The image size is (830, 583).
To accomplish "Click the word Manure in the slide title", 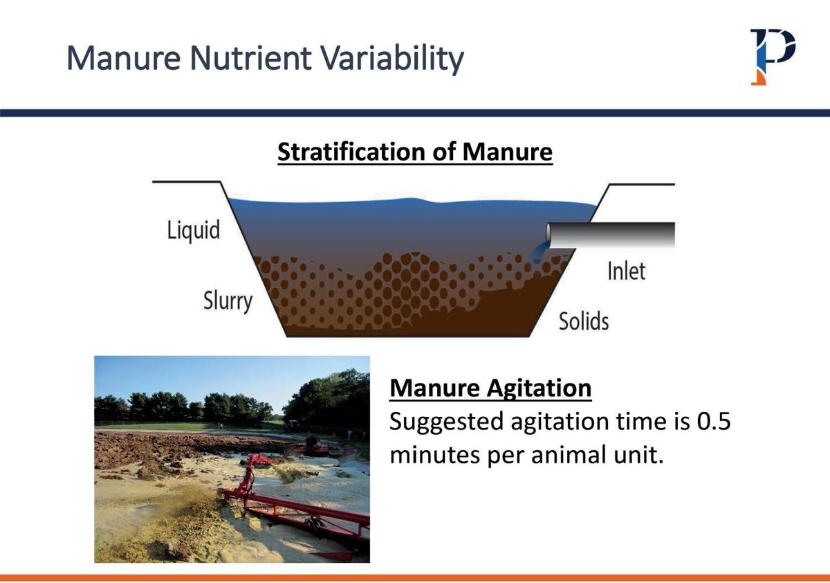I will pos(124,59).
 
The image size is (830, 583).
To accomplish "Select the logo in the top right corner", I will pos(773,56).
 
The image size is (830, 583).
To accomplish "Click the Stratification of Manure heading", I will pos(415,152).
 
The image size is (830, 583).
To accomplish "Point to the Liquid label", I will pos(194,230).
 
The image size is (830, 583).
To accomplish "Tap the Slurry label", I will pos(228,301).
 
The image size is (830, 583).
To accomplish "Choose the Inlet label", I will pos(626,271).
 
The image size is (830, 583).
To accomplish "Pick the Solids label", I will pos(584,321).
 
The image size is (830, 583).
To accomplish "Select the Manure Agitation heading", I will pos(490,388).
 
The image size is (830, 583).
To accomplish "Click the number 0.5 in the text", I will pos(713,422).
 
